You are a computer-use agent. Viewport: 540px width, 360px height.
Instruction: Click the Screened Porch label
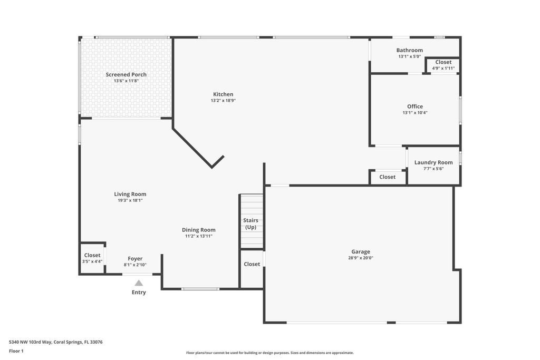(x=126, y=75)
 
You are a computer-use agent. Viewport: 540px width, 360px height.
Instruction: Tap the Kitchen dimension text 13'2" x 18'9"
(x=223, y=101)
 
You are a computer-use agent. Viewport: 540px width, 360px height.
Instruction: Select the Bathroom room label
(x=410, y=51)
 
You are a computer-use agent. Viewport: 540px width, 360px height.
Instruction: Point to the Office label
(x=415, y=106)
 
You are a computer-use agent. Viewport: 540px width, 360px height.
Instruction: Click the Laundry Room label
(x=433, y=162)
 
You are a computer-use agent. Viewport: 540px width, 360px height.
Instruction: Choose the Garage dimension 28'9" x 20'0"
(x=361, y=258)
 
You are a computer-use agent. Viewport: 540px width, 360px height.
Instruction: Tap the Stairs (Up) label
(x=250, y=223)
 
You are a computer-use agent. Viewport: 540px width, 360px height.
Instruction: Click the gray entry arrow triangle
(x=139, y=283)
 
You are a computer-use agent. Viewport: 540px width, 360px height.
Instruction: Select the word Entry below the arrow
(x=139, y=293)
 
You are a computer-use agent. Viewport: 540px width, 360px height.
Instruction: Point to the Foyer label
(x=135, y=259)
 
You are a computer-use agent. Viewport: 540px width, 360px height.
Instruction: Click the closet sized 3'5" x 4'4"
(x=92, y=258)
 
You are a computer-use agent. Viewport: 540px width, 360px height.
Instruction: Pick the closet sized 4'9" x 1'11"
(x=443, y=65)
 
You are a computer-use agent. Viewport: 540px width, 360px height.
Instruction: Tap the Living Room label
(x=130, y=194)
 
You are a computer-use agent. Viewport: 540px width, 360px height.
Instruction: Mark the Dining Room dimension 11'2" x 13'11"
(x=198, y=236)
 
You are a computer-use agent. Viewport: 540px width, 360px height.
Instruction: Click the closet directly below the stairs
(x=252, y=264)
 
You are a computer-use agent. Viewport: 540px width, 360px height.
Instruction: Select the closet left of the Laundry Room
(x=387, y=177)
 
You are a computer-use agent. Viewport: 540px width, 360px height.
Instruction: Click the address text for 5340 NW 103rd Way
(x=56, y=342)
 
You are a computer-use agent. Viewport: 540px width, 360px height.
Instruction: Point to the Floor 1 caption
(x=16, y=351)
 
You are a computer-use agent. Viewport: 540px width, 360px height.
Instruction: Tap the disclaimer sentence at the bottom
(x=269, y=353)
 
